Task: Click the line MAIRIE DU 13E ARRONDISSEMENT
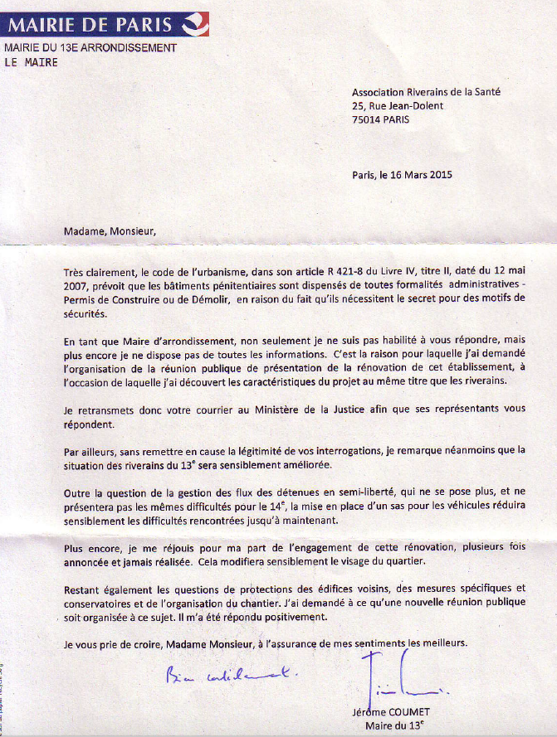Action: click(91, 47)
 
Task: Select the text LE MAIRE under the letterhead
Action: click(32, 62)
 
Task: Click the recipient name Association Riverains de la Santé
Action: click(426, 93)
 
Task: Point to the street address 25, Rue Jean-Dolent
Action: click(398, 106)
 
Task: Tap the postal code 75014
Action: click(366, 119)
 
